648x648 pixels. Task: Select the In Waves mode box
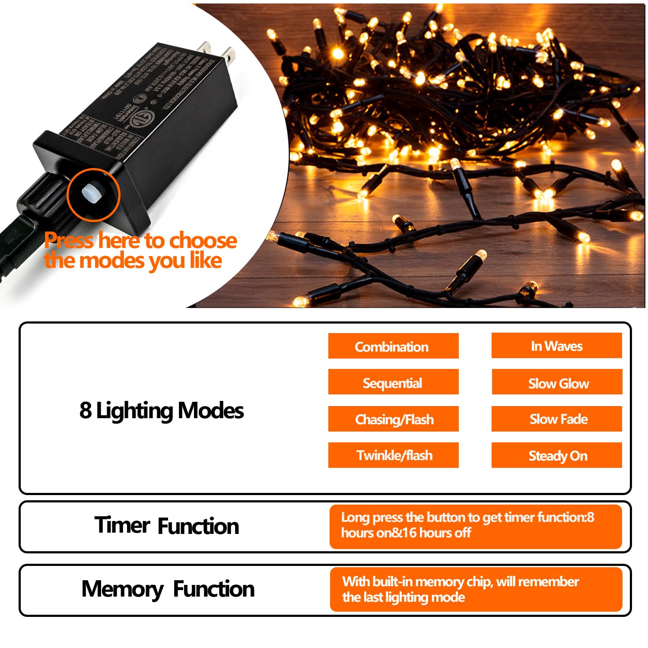(556, 346)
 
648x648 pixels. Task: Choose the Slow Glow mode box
(557, 383)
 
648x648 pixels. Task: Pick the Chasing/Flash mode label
(394, 419)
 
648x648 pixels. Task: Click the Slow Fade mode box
(557, 419)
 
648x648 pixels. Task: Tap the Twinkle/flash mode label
(394, 455)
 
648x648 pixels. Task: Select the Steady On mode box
(557, 455)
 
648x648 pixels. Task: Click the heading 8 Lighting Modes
(162, 410)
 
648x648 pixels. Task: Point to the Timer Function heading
(166, 526)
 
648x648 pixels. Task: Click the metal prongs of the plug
(216, 51)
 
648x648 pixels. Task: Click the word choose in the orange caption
(203, 240)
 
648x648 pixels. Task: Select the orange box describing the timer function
(475, 526)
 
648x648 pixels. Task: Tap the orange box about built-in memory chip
(475, 589)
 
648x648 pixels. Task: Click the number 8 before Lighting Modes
(85, 410)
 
